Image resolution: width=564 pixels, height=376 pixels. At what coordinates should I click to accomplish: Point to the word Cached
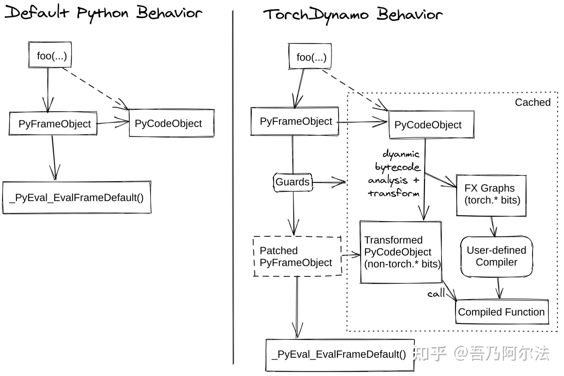pos(532,102)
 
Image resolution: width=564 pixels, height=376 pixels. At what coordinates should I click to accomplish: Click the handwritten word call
pos(436,293)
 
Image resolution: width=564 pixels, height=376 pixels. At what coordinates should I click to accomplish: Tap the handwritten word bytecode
pos(398,167)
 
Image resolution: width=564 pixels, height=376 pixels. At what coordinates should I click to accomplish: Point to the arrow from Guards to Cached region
pos(329,182)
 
